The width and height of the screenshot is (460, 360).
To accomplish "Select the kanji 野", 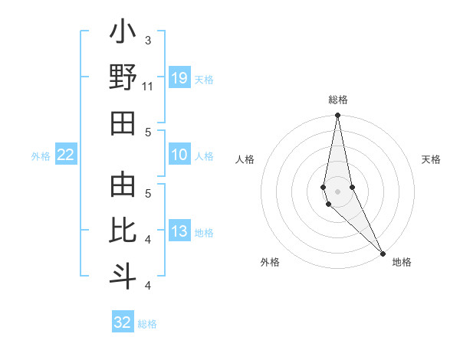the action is click(123, 78).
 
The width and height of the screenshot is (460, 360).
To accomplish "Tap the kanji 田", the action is click(123, 123).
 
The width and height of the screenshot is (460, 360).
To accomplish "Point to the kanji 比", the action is click(123, 230).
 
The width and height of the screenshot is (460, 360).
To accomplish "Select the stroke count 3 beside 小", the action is click(148, 40).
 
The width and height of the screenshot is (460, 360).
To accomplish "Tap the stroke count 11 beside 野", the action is click(148, 86).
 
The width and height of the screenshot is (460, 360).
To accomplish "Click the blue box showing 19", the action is click(179, 78).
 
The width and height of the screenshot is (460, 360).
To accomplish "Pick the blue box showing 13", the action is click(179, 231).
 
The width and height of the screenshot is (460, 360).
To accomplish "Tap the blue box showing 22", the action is click(66, 155).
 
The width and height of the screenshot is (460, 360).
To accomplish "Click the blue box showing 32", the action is click(123, 322).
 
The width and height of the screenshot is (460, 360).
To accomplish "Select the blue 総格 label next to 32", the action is click(147, 324).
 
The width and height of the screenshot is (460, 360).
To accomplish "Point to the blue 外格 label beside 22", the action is click(41, 156).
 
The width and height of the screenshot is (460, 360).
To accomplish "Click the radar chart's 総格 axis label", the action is click(337, 100).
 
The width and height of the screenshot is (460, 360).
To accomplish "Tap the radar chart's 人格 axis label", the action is click(245, 159).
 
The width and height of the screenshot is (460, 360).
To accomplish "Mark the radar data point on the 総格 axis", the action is click(337, 116).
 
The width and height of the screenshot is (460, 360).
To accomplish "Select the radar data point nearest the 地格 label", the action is click(383, 251).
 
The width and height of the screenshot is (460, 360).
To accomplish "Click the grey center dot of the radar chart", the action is click(337, 191).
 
